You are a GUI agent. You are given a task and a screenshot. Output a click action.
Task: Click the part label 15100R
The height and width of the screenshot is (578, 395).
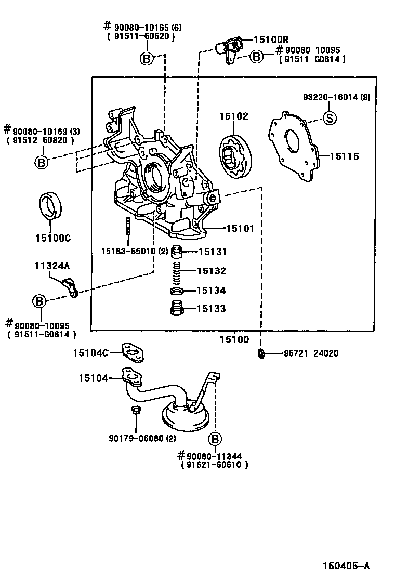[271, 40]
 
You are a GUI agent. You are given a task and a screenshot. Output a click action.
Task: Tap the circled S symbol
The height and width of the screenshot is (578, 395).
[330, 118]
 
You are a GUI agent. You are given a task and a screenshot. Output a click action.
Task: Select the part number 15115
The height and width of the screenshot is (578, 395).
[344, 156]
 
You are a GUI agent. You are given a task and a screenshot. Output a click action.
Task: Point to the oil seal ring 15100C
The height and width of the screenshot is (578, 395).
[50, 205]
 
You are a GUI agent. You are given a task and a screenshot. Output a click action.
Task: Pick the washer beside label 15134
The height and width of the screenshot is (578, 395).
[177, 292]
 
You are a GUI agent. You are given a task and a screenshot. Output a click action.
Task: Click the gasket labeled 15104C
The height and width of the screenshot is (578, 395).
[133, 353]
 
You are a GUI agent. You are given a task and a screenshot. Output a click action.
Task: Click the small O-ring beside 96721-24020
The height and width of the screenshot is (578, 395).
[261, 353]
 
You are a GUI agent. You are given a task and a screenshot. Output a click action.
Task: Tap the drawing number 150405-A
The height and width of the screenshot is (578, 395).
[346, 566]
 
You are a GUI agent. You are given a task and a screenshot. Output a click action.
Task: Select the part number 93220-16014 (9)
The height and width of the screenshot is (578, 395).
[337, 97]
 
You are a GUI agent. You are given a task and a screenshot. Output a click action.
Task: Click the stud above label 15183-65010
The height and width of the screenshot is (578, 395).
[128, 226]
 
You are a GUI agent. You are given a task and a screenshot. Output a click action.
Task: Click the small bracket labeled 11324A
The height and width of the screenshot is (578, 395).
[70, 288]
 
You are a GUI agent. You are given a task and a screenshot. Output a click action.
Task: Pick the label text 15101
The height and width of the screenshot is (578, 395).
[240, 229]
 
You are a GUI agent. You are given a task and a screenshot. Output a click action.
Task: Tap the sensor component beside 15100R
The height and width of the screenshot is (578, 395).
[229, 49]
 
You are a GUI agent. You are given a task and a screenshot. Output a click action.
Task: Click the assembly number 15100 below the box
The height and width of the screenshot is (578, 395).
[234, 339]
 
